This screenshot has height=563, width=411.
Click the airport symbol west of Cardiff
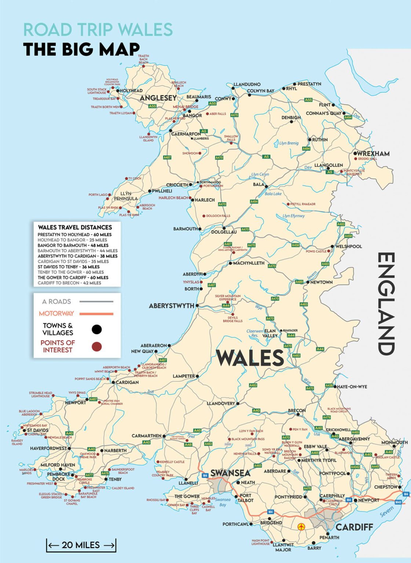click(301, 527)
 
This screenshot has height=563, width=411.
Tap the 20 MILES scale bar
click(81, 545)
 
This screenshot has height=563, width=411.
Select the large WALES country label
click(250, 358)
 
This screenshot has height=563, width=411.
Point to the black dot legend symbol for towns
click(97, 329)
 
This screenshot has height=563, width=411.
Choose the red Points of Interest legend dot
click(97, 346)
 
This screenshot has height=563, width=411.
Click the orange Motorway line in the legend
click(97, 314)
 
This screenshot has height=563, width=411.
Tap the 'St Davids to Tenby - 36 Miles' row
click(69, 267)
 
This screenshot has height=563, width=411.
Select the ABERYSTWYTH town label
click(171, 306)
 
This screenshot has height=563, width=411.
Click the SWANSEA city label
click(230, 473)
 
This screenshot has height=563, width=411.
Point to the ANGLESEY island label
click(158, 98)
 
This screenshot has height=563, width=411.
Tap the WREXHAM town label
click(373, 154)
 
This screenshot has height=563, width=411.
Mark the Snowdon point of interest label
click(190, 153)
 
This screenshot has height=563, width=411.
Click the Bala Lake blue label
click(273, 194)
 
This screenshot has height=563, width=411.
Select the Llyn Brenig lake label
click(289, 143)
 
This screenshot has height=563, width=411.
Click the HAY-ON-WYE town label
click(352, 387)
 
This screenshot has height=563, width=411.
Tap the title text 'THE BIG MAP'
click(81, 49)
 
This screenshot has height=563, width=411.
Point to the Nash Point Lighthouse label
click(261, 542)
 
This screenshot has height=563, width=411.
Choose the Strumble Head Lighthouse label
click(40, 394)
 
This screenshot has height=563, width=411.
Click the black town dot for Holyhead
click(118, 91)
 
